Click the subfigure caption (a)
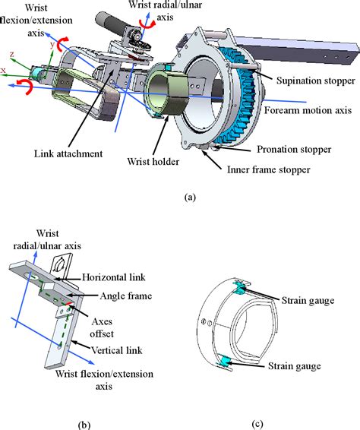191,196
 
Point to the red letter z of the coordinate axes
12,55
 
